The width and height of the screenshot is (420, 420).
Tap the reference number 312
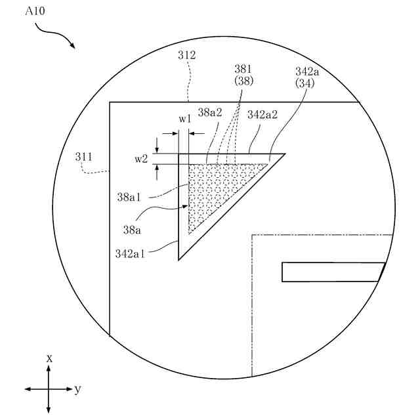[186, 56]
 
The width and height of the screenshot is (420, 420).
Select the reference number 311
[83, 157]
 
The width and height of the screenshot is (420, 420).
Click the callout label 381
[243, 68]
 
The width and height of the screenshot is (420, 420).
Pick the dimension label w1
[185, 119]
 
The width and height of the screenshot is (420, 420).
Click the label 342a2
[262, 114]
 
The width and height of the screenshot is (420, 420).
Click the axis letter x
[49, 358]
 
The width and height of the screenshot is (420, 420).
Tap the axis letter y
[78, 389]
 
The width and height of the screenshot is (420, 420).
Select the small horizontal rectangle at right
[333, 272]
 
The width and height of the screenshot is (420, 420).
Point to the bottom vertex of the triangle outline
[179, 259]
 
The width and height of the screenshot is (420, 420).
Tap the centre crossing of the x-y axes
[49, 389]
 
